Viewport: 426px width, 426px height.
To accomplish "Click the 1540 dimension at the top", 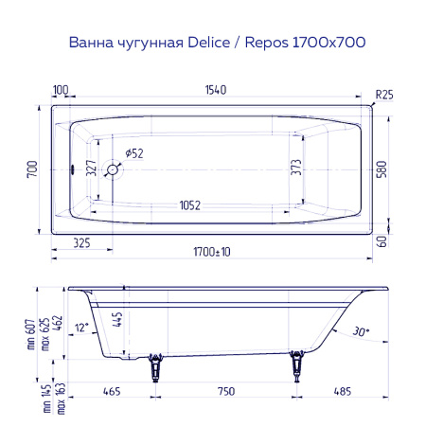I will click(216, 90).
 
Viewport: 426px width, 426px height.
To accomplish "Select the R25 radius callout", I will click(383, 94).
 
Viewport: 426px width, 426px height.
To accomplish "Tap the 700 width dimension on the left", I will click(32, 169).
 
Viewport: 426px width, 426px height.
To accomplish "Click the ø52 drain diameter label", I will click(134, 153).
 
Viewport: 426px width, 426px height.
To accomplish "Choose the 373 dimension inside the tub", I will click(295, 169).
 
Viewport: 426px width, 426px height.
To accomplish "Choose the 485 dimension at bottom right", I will click(346, 389).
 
